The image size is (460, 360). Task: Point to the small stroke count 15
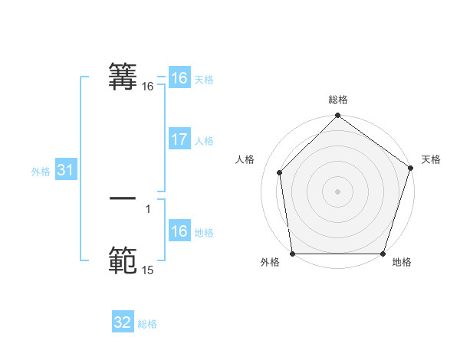coord(148,270)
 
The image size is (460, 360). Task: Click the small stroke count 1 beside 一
coord(148,208)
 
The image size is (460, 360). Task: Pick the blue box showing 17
coord(179,139)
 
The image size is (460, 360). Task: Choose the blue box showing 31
coord(65,170)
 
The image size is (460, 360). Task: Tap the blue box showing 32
coord(123,322)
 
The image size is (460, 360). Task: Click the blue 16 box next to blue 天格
coord(179,78)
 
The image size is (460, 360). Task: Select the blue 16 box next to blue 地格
coord(179,231)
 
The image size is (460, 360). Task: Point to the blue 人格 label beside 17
coord(204,141)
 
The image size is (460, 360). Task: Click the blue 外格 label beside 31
coord(41,172)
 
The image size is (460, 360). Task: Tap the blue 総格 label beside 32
coord(147,324)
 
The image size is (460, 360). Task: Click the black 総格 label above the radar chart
coord(338,100)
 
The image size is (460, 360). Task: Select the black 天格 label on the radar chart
coord(431,159)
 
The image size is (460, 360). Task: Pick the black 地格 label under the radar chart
coord(402,263)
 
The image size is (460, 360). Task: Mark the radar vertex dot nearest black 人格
coord(280,172)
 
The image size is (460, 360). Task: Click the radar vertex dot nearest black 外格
coord(293,254)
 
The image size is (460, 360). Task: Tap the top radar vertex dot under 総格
coord(338,116)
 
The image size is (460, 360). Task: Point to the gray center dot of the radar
coord(338,191)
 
